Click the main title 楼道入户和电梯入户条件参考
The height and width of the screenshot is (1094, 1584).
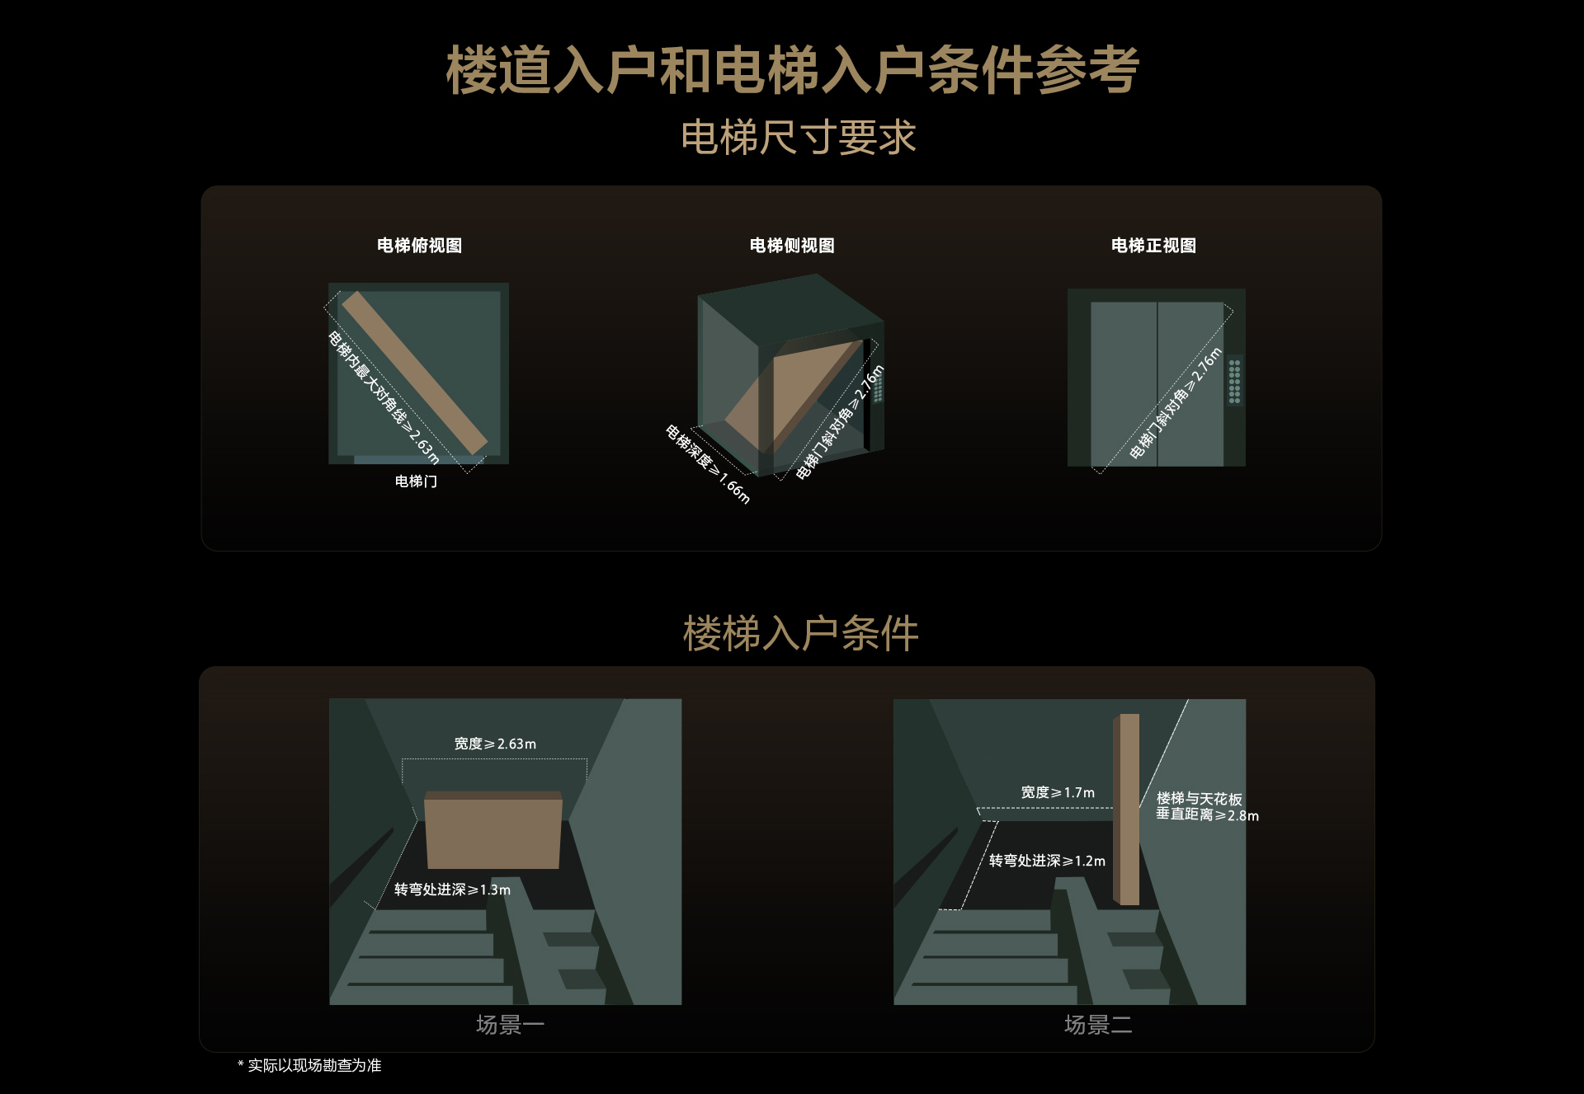792,70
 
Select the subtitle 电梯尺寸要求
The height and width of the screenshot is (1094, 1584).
799,137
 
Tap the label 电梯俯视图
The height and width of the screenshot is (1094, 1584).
419,246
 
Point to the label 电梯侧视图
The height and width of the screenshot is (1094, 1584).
792,246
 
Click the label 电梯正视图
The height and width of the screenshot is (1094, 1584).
1153,246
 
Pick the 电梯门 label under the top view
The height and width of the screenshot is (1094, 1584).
416,481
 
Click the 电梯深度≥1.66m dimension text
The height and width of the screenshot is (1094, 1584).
708,464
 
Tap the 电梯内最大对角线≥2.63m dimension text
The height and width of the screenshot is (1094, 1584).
384,398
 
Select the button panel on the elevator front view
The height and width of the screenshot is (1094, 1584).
1234,381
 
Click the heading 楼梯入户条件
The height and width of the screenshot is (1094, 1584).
800,634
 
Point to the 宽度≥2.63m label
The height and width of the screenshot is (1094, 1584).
495,744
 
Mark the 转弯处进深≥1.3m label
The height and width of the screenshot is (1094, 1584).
452,890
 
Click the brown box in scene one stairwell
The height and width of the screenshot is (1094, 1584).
493,830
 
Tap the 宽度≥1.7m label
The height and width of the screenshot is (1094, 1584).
1058,792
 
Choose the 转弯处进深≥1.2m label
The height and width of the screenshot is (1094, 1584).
1047,861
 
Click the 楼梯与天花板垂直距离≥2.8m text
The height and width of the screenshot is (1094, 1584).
1207,807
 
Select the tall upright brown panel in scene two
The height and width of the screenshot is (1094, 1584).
1126,810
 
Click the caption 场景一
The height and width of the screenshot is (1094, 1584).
510,1025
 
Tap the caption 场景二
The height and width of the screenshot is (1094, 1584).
1098,1025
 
